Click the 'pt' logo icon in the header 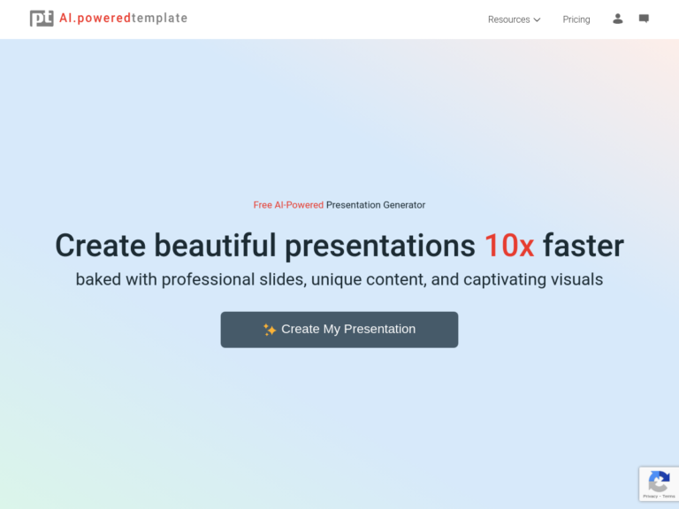coord(42,19)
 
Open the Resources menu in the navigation coord(509,19)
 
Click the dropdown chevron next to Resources coord(537,19)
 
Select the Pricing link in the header coord(576,19)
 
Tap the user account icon coord(618,19)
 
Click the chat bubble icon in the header coord(644,19)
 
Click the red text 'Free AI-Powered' coord(288,205)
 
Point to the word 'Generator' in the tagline coord(401,205)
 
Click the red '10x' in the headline coord(508,245)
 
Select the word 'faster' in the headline coord(584,245)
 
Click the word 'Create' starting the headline coord(100,245)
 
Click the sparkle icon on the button coord(270,330)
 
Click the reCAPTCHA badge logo coord(659,482)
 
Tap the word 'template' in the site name coord(159,19)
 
